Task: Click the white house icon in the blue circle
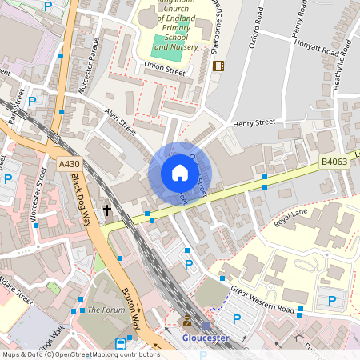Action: point(179,173)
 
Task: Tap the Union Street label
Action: point(164,71)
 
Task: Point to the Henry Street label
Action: point(254,123)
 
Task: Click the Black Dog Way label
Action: point(80,200)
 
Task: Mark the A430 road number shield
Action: point(70,163)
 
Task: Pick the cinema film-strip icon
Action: point(219,66)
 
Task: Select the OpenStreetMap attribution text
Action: point(81,354)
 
